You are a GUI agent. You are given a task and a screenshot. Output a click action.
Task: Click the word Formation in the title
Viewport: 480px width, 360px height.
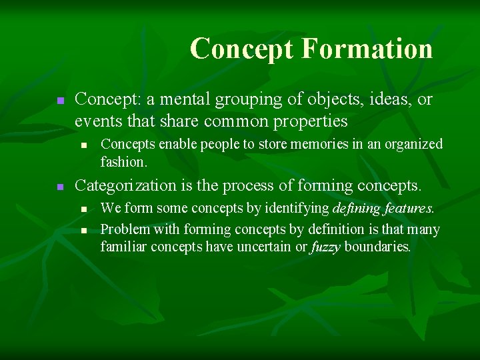[367, 49]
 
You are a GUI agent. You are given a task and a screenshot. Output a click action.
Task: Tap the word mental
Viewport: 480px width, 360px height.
[181, 100]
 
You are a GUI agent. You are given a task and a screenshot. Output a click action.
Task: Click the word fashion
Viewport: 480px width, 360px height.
[123, 161]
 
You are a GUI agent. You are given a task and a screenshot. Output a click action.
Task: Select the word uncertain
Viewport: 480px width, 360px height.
[267, 246]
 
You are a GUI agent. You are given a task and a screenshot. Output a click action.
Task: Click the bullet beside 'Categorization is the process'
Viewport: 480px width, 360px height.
[60, 186]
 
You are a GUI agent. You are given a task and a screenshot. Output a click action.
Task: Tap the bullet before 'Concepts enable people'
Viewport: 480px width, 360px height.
[83, 145]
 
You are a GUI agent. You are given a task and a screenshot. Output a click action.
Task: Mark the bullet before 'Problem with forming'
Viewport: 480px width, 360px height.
[83, 230]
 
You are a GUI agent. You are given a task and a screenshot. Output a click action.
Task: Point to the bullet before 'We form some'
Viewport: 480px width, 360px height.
[83, 209]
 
